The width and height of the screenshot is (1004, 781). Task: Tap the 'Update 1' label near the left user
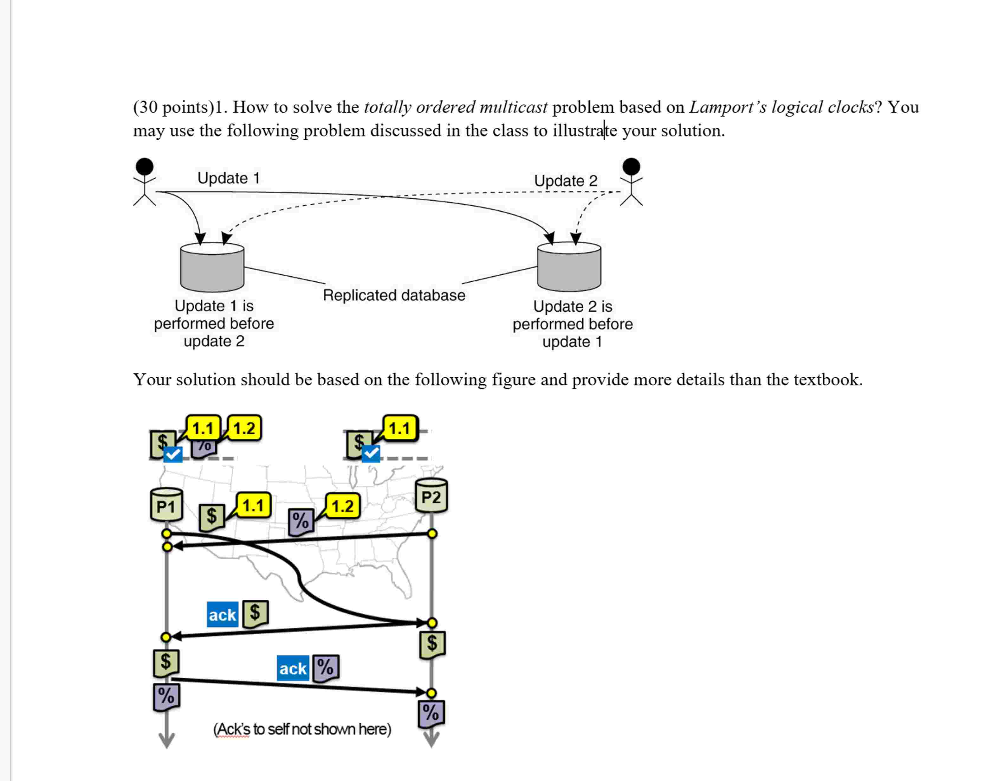[229, 178]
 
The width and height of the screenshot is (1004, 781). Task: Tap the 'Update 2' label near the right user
[566, 181]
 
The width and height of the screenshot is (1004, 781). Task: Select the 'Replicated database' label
[394, 295]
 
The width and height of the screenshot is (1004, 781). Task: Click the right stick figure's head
[631, 166]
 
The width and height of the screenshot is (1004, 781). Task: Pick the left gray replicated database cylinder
[212, 267]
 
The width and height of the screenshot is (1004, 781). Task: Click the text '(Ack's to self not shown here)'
[302, 729]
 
